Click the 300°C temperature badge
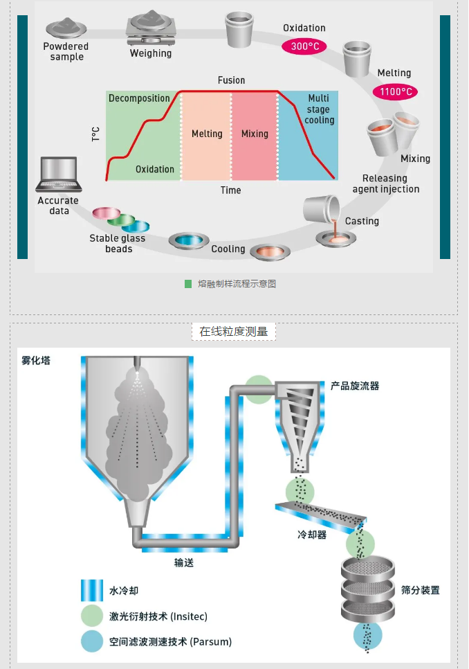point(304,46)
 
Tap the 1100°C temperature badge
point(395,91)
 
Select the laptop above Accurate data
point(59,175)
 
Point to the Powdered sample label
point(66,51)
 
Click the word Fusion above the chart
point(231,80)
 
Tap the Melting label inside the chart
point(207,134)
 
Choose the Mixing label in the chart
point(255,134)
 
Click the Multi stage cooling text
point(319,109)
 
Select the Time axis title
point(231,190)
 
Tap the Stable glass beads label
point(118,244)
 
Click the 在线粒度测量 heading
point(234,332)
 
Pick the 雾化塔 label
point(36,360)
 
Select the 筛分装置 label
point(420,590)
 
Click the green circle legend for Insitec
point(91,616)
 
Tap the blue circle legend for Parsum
point(91,641)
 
